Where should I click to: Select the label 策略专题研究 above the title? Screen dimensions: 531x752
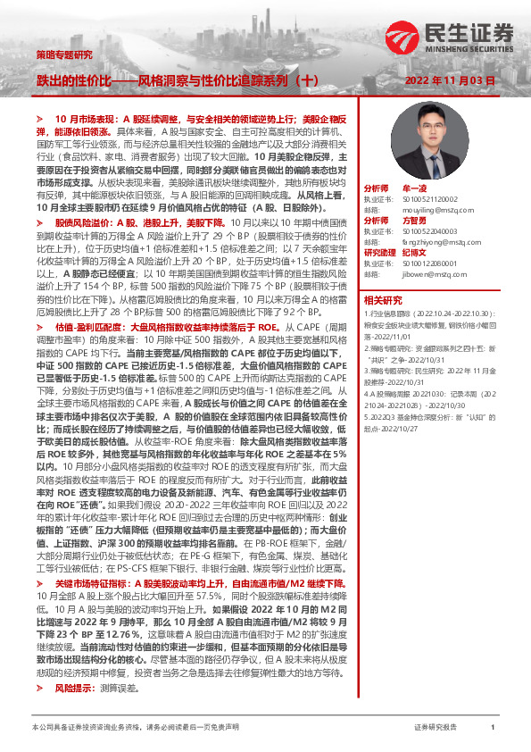tap(63, 54)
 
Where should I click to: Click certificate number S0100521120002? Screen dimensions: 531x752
tap(430, 199)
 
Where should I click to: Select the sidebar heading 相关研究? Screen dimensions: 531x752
tap(382, 300)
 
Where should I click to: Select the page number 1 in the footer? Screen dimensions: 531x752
tap(493, 729)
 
